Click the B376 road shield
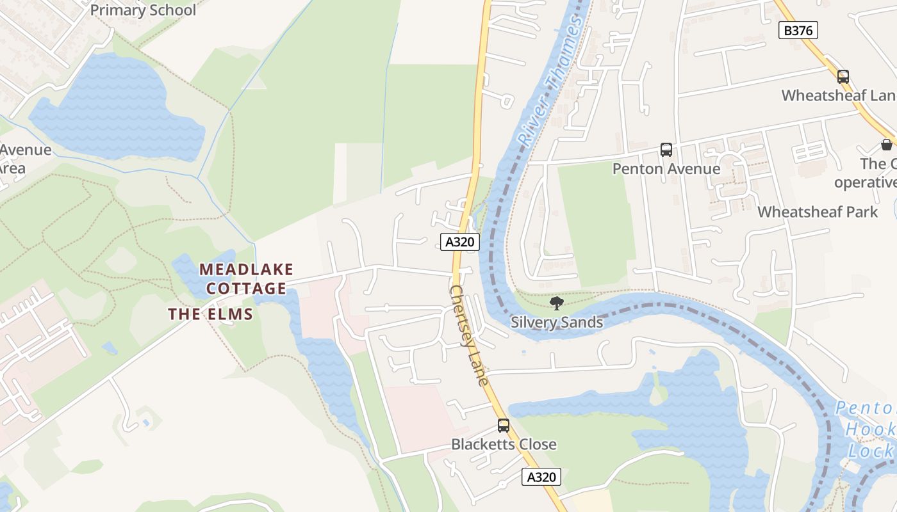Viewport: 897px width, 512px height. tap(798, 30)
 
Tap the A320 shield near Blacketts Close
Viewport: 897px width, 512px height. tap(541, 477)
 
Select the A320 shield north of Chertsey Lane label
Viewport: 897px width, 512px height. tap(460, 241)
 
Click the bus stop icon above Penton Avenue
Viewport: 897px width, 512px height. tap(666, 150)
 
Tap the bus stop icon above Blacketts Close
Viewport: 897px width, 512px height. tap(504, 425)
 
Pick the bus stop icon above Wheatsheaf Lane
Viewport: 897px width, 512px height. tap(843, 77)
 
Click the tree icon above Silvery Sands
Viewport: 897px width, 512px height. tap(556, 303)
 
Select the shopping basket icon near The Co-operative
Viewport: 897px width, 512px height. tap(886, 145)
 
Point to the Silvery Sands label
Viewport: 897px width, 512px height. tap(556, 322)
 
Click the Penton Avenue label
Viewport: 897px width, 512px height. tap(666, 169)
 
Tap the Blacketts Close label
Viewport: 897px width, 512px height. tap(504, 444)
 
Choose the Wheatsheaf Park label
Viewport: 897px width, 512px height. tap(818, 212)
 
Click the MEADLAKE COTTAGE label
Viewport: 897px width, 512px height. tap(246, 278)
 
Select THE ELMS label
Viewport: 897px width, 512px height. tap(211, 314)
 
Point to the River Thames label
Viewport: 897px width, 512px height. tap(551, 80)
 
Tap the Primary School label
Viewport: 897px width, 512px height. tap(143, 10)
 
